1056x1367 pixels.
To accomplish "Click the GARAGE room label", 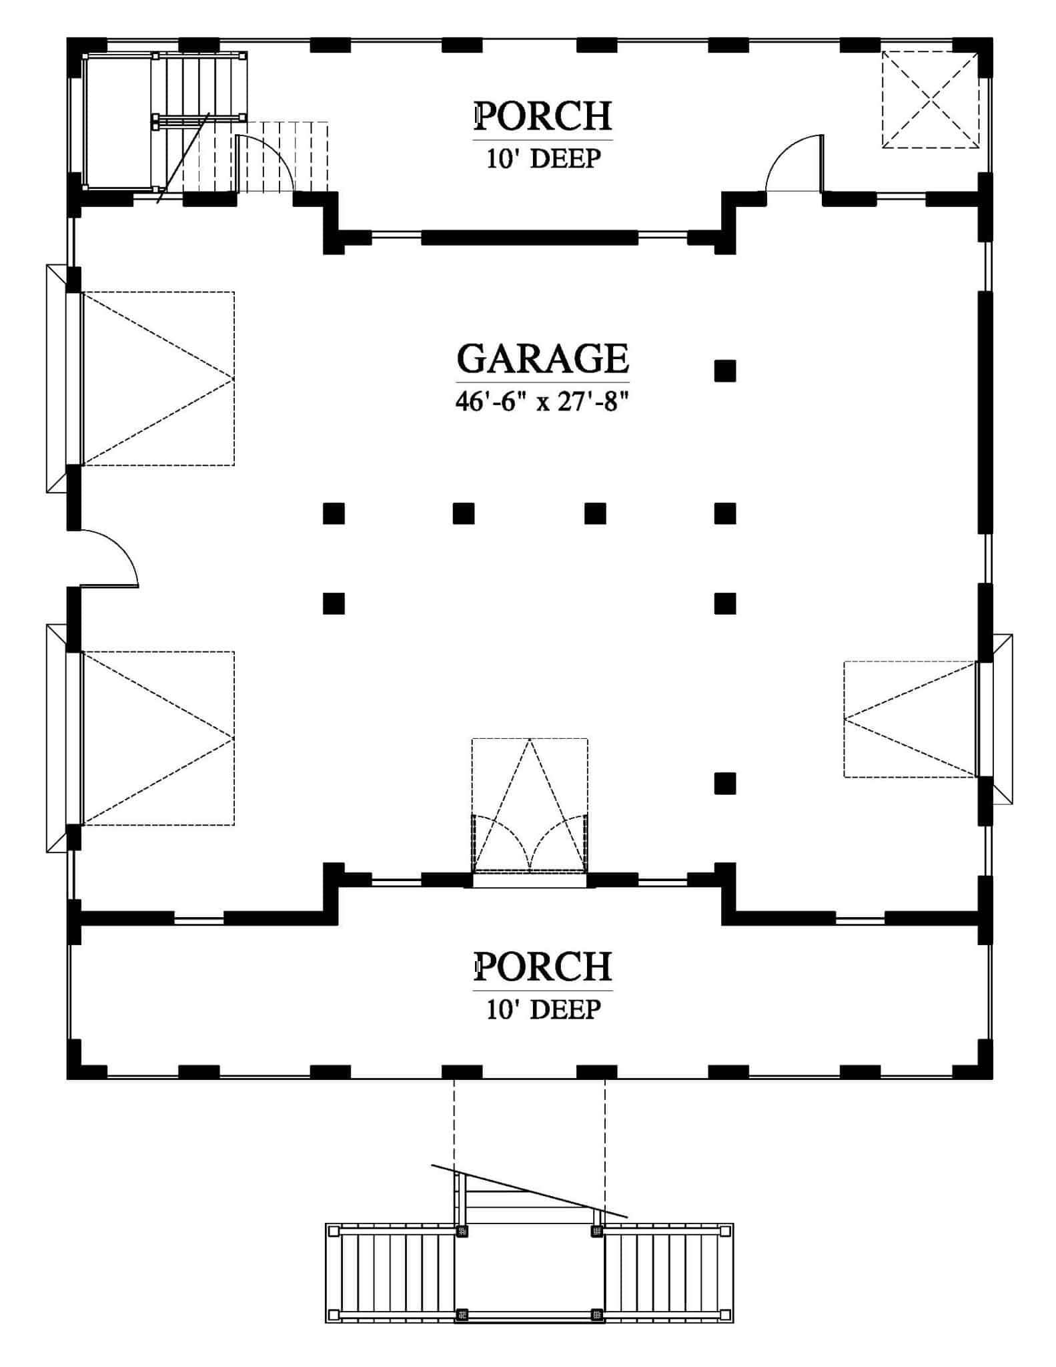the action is click(542, 358).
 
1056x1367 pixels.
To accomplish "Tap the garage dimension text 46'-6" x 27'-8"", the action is click(542, 401).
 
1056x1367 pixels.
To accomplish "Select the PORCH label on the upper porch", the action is click(542, 115).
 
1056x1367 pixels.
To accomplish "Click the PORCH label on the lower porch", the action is click(542, 966).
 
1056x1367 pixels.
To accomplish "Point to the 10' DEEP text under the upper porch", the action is click(543, 159).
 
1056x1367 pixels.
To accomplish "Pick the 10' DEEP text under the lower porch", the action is click(543, 1009).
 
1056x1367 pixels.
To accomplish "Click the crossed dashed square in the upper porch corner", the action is click(931, 99).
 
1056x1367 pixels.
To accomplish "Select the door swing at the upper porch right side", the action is click(795, 164).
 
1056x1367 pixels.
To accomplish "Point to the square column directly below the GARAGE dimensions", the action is click(725, 370).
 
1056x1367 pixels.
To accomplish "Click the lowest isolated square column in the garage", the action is click(725, 783).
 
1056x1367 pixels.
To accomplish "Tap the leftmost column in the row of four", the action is click(334, 513).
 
